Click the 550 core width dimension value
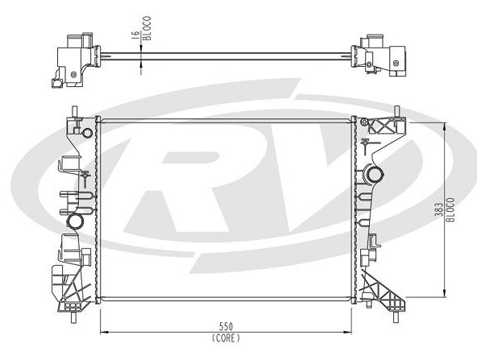(x=226, y=326)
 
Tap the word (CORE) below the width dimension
(x=226, y=337)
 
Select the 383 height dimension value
(x=438, y=209)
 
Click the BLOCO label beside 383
(x=450, y=209)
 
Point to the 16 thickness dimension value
(x=135, y=35)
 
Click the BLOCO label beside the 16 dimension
(x=147, y=28)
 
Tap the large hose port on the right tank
(x=375, y=175)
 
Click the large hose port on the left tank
(x=75, y=221)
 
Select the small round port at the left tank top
(x=87, y=133)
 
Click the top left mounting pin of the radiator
(x=74, y=110)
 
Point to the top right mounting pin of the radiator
(x=396, y=110)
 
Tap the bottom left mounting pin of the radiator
(x=73, y=317)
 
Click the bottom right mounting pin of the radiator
(x=396, y=317)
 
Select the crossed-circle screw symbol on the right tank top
(x=364, y=122)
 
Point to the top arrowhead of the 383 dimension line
(x=445, y=126)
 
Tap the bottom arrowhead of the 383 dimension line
(x=445, y=293)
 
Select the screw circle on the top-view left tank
(x=73, y=74)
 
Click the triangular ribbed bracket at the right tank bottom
(x=384, y=291)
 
